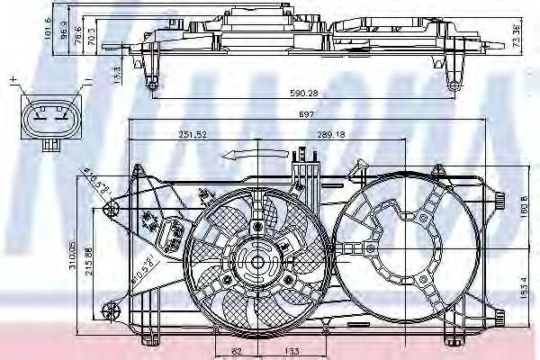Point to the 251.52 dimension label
tap(193, 134)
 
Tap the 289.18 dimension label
tap(331, 134)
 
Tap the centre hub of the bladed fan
tap(256, 262)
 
